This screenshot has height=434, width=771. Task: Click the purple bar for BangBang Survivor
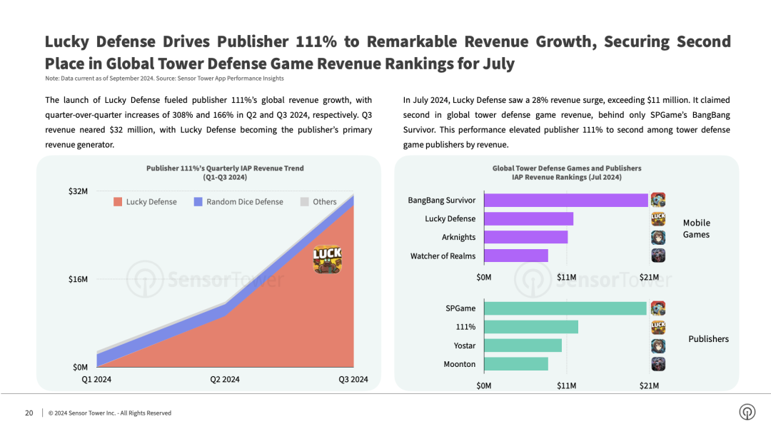click(x=566, y=201)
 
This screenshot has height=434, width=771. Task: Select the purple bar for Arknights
click(x=526, y=237)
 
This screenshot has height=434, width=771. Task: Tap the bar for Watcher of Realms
click(x=516, y=256)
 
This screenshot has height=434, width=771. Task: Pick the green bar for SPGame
click(x=565, y=308)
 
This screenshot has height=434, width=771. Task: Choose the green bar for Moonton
click(x=516, y=364)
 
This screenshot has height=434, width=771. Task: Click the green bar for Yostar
click(x=523, y=345)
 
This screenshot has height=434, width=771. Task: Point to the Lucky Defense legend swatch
click(x=118, y=202)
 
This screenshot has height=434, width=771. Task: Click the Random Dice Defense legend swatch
click(x=198, y=202)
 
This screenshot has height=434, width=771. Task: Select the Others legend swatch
click(x=305, y=202)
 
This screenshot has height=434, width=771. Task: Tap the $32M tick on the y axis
click(x=78, y=191)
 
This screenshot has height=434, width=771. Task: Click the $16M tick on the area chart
click(x=78, y=279)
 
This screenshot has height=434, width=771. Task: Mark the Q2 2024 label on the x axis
click(x=225, y=380)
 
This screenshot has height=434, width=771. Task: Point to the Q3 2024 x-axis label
click(x=353, y=380)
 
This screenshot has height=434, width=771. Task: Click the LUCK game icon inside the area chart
click(x=328, y=259)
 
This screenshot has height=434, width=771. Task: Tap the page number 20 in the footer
click(x=29, y=413)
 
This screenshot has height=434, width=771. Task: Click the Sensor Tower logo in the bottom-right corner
click(x=747, y=413)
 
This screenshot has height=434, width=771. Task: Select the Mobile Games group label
click(x=696, y=228)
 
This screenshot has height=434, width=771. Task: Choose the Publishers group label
click(x=708, y=339)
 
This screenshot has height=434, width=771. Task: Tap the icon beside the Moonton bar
click(x=658, y=364)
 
